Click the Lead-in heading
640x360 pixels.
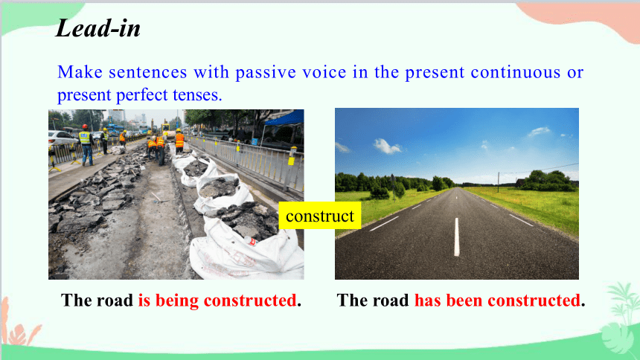tap(98, 28)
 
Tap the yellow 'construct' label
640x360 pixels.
tap(319, 216)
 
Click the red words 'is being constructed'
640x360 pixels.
tap(217, 300)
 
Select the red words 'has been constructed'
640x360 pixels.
tap(497, 300)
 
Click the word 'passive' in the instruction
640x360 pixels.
tap(266, 72)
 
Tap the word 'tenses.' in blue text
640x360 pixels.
tap(197, 95)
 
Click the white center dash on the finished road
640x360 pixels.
tap(456, 237)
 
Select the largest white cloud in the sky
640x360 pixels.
tap(386, 146)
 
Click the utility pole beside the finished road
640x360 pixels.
tap(498, 182)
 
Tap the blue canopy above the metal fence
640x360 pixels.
tap(284, 118)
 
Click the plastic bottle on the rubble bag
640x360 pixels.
tap(250, 241)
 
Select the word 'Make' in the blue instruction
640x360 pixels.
tap(80, 72)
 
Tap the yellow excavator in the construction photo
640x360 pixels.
tap(165, 128)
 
